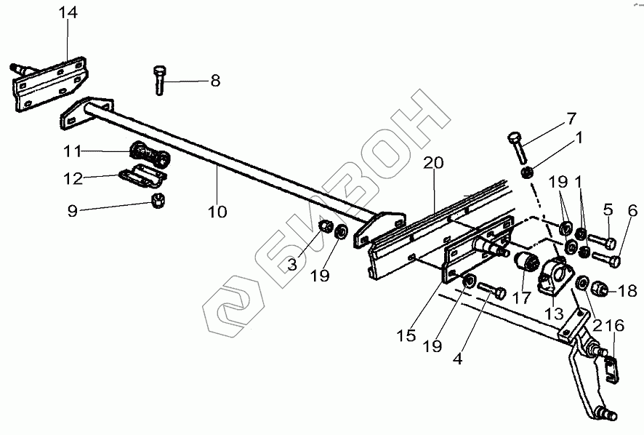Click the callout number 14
click(68, 13)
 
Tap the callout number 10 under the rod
click(217, 212)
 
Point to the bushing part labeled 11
click(148, 156)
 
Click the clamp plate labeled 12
click(144, 177)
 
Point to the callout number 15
click(406, 336)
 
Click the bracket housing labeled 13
click(555, 276)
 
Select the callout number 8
click(214, 81)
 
